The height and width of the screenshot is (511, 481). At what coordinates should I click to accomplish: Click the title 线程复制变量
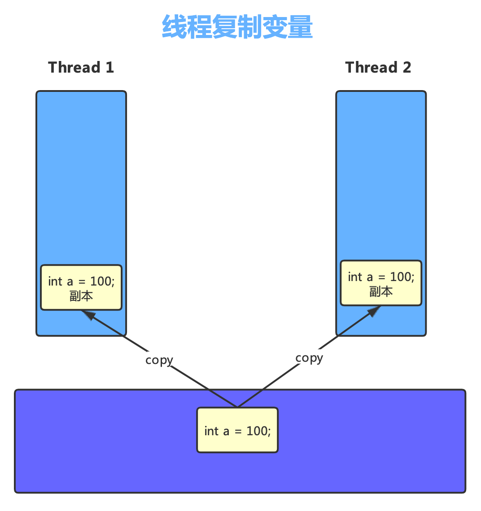237,27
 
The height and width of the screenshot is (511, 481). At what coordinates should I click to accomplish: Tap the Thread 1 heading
81,67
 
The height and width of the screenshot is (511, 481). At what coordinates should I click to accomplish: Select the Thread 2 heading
378,67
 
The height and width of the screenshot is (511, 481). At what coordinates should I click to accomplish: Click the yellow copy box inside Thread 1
81,287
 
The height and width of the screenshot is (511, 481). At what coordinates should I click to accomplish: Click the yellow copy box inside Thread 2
381,283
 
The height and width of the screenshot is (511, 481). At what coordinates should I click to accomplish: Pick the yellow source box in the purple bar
237,430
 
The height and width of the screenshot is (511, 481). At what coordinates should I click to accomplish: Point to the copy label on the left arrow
159,360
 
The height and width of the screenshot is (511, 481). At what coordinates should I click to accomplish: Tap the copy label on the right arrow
309,358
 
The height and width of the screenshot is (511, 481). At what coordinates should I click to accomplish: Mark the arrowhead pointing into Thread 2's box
373,311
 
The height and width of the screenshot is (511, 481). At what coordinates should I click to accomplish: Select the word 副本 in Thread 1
81,296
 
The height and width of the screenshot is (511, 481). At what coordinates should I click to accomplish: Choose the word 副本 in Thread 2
381,291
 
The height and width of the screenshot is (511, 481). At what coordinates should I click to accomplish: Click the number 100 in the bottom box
257,431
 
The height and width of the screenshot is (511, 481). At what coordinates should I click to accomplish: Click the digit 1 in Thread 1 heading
109,67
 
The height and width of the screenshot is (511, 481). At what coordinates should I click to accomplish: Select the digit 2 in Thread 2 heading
407,67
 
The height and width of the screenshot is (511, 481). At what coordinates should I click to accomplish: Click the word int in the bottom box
211,431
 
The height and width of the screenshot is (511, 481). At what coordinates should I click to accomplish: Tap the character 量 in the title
300,27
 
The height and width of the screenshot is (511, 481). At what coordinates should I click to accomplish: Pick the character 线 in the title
174,27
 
